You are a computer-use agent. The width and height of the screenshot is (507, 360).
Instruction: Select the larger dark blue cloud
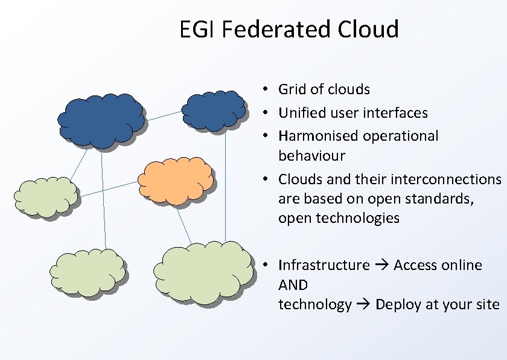coord(101,119)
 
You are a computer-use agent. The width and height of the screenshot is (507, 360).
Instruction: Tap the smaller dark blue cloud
coord(214,111)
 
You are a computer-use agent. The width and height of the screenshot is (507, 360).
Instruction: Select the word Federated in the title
coord(266,29)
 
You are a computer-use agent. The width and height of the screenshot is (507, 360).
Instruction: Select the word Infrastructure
coord(324,265)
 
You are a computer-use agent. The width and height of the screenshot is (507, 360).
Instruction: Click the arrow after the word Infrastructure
coord(381,265)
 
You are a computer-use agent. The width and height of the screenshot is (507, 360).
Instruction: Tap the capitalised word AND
coord(293,284)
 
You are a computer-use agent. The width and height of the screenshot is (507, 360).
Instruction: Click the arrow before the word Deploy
coord(363,304)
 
